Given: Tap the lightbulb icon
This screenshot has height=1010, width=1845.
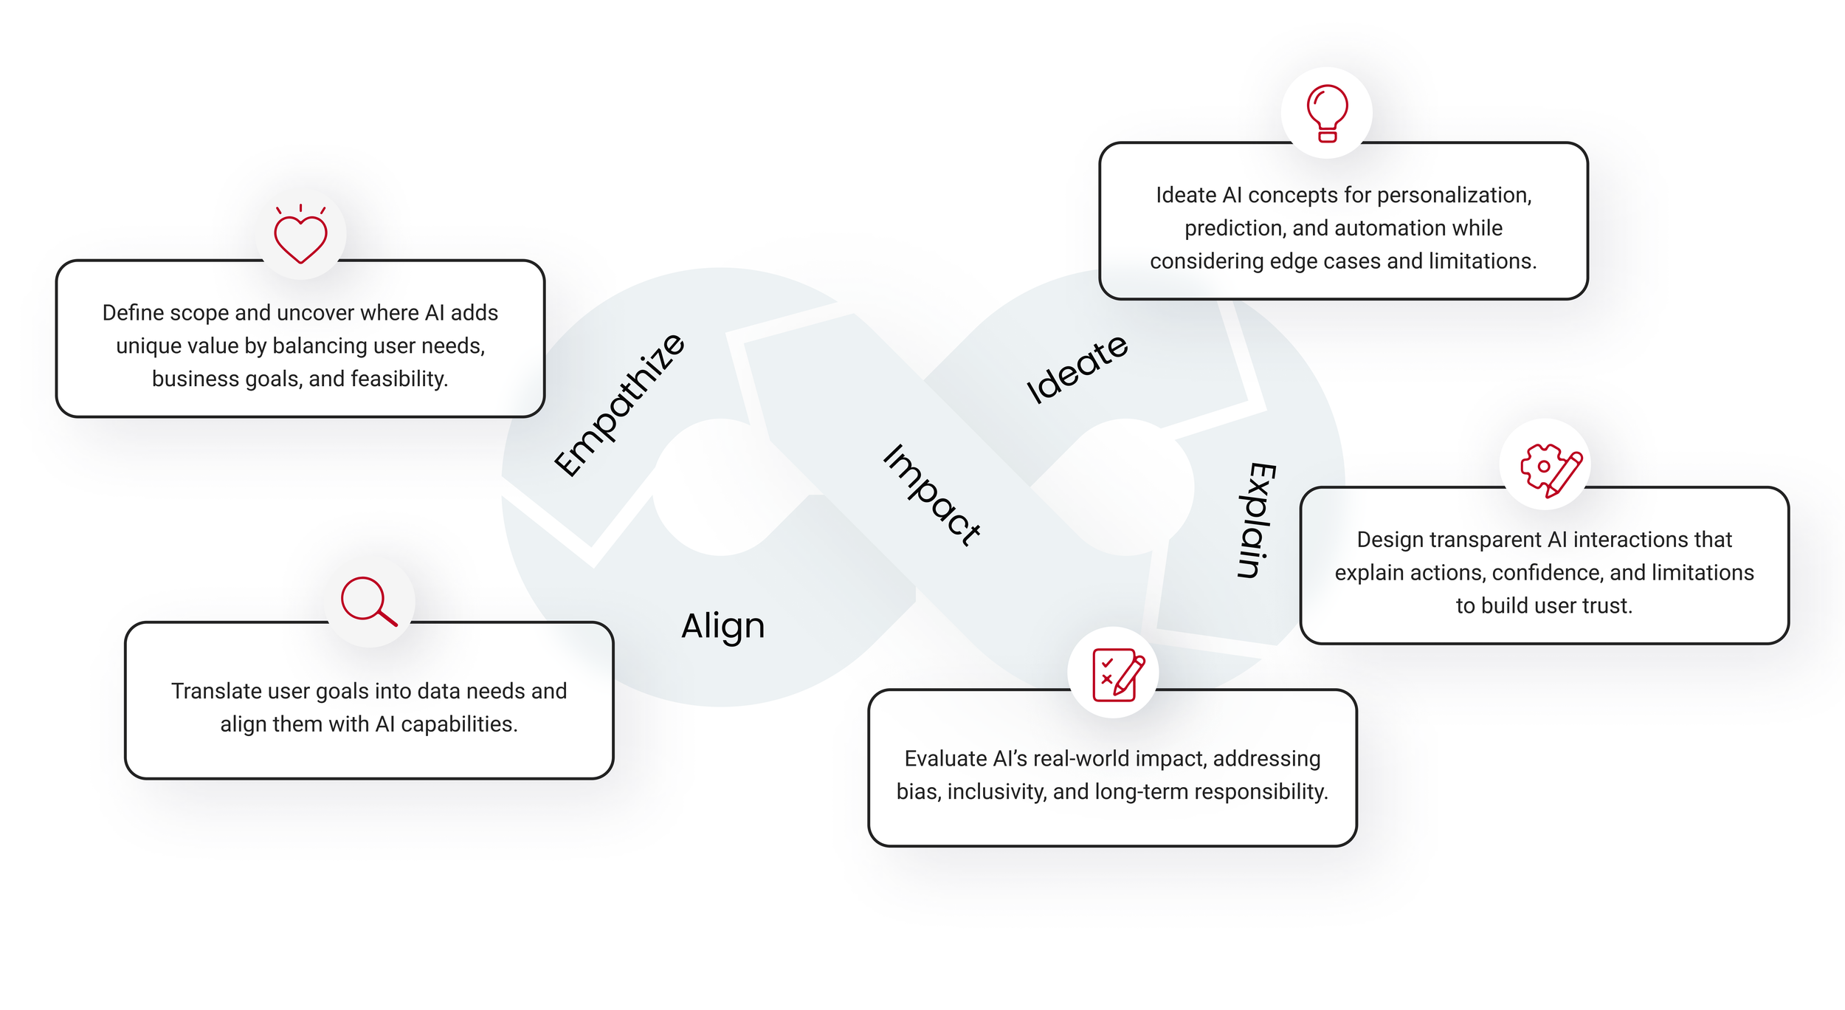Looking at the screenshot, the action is click(x=1327, y=113).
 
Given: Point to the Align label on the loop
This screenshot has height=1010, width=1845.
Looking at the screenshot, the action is click(x=723, y=626).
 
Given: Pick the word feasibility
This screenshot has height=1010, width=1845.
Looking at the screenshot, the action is click(x=399, y=379).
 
